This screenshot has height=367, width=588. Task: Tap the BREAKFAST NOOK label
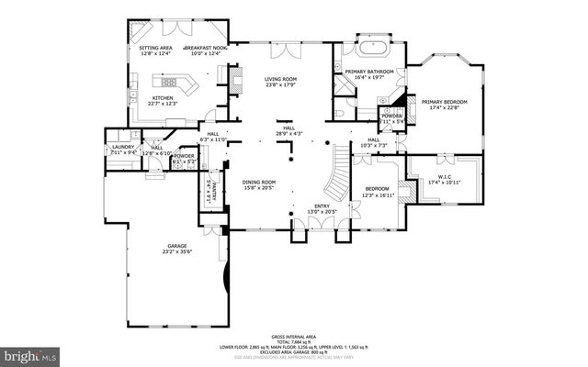pos(204,47)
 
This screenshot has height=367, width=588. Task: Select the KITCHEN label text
pos(164,98)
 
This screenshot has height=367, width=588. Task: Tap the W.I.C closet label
pos(444,177)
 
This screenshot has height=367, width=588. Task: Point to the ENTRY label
pos(322,206)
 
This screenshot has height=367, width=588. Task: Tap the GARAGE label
pos(176,246)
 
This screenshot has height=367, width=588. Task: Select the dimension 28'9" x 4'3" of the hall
pos(288,134)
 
